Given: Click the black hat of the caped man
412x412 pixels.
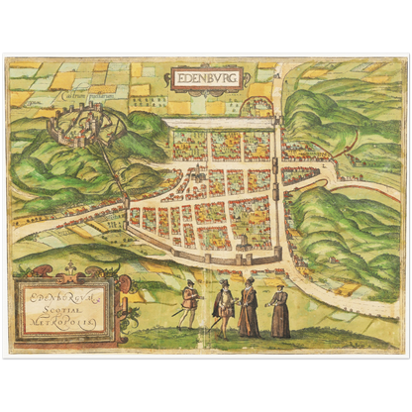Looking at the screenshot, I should click(225, 283).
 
